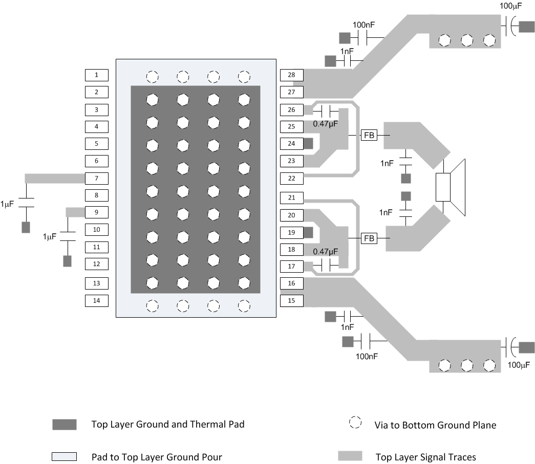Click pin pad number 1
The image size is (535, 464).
[x=96, y=75]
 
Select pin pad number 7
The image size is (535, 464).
[x=96, y=179]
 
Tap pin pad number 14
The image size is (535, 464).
[x=96, y=300]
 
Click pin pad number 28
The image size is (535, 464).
[x=292, y=75]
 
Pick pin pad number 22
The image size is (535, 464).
[x=292, y=178]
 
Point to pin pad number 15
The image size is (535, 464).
[x=292, y=300]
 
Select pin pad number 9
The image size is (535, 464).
[x=96, y=212]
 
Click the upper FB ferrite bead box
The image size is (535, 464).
[x=369, y=135]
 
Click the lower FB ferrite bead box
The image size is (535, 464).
[x=369, y=238]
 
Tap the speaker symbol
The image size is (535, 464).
[x=451, y=187]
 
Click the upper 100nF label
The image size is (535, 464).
[x=366, y=25]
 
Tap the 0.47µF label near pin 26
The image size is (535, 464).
[x=326, y=123]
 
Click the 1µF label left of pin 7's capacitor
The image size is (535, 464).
[x=8, y=203]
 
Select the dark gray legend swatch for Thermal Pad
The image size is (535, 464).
[x=64, y=425]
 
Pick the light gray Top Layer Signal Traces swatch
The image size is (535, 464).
[x=350, y=456]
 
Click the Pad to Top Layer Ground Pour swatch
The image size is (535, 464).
[x=64, y=456]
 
